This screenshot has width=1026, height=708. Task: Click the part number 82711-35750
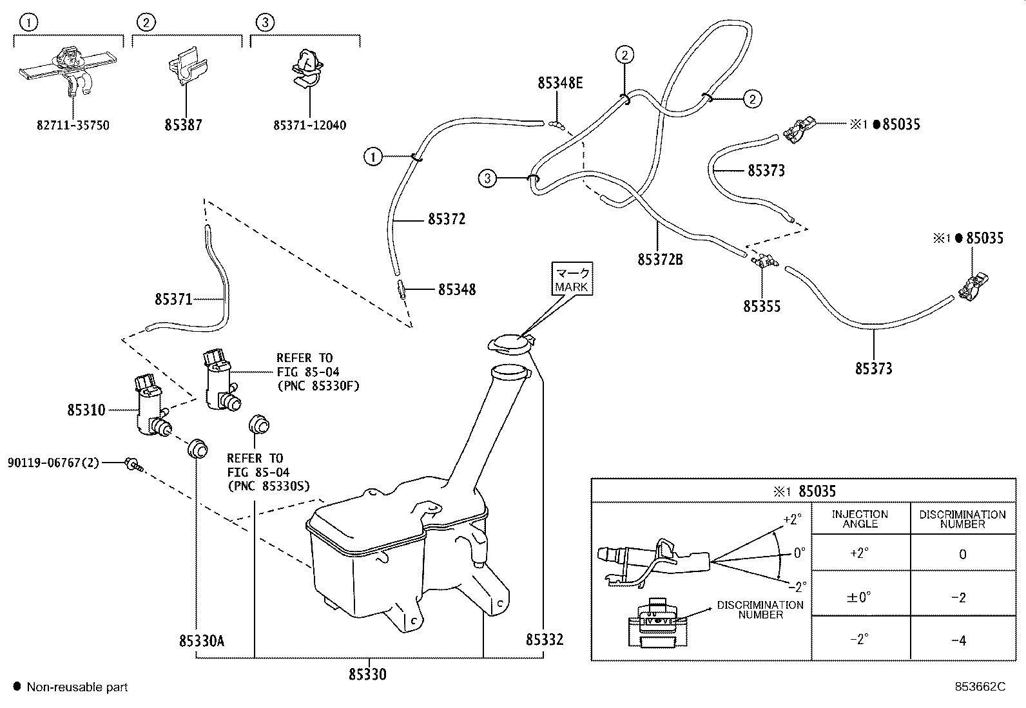[x=73, y=125]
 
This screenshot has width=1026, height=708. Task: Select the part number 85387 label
[x=183, y=124]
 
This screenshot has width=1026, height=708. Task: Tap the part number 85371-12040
[x=309, y=125]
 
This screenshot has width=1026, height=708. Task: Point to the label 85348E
[x=560, y=83]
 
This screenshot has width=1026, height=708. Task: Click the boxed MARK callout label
[x=572, y=279]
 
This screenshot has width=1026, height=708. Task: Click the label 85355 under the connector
[x=762, y=307]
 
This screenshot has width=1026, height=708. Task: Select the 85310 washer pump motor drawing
[x=151, y=405]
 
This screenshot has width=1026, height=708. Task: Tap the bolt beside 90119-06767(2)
[x=134, y=464]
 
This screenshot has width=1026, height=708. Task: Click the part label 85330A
[x=202, y=641]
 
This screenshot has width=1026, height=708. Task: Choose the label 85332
[x=545, y=639]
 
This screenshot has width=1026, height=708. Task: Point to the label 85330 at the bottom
[x=367, y=674]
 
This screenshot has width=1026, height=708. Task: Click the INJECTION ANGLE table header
[x=860, y=519]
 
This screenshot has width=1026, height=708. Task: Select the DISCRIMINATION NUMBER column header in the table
[x=962, y=519]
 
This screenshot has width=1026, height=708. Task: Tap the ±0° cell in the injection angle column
[x=859, y=597]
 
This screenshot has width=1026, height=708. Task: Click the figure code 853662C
[x=980, y=687]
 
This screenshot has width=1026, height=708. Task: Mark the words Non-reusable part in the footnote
[x=77, y=687]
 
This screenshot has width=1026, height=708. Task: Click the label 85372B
[x=660, y=260]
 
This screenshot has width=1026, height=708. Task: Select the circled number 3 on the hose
[x=487, y=178]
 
